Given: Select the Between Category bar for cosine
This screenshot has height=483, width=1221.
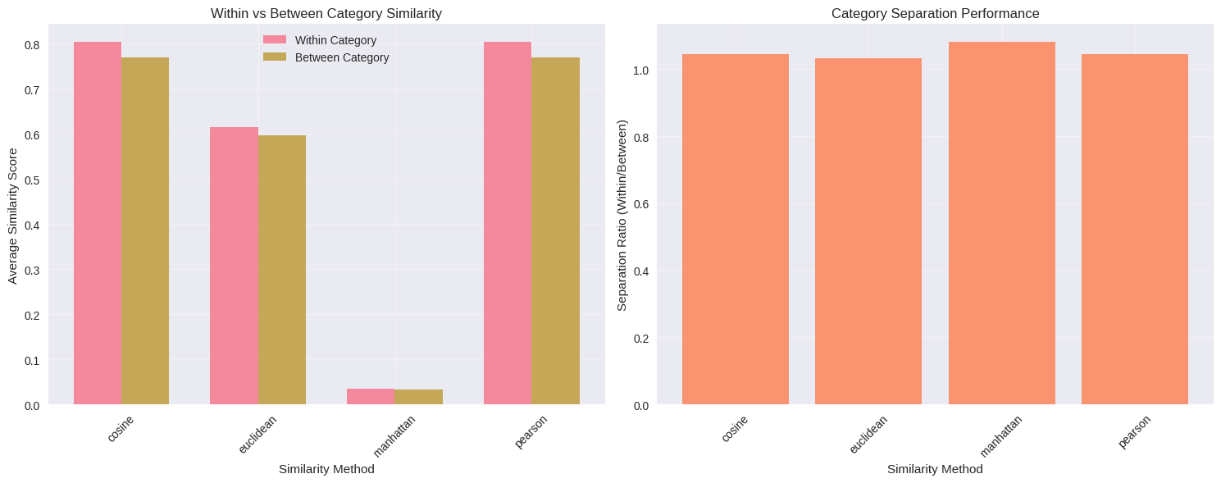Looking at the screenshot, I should [x=145, y=230].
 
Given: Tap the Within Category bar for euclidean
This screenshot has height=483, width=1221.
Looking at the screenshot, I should [x=234, y=266].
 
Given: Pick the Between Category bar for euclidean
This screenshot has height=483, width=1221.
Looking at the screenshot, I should [x=282, y=270].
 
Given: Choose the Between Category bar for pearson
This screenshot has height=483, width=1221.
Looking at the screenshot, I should [x=555, y=230].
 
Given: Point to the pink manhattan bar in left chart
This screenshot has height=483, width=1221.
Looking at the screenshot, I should [x=371, y=397].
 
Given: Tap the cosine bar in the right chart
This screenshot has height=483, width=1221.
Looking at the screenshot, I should [x=735, y=230].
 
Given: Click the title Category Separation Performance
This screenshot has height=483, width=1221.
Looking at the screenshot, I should [x=935, y=13].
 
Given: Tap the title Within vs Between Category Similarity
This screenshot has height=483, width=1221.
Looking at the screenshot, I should [x=326, y=13].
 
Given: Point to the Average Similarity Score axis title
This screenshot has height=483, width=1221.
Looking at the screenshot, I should [x=12, y=216].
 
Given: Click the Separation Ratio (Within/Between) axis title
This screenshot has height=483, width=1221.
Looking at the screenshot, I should [x=622, y=216].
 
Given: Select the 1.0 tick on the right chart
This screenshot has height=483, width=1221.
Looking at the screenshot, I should [x=640, y=71].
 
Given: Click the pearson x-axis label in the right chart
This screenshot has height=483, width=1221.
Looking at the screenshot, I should [x=1134, y=431].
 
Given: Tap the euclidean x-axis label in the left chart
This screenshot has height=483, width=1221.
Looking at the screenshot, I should [x=257, y=435].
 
